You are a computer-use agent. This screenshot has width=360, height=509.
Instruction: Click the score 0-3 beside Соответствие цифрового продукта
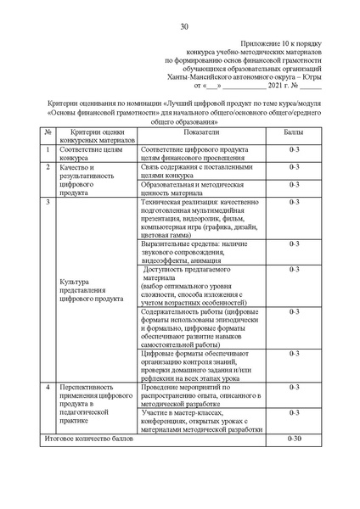pos(295,148)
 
